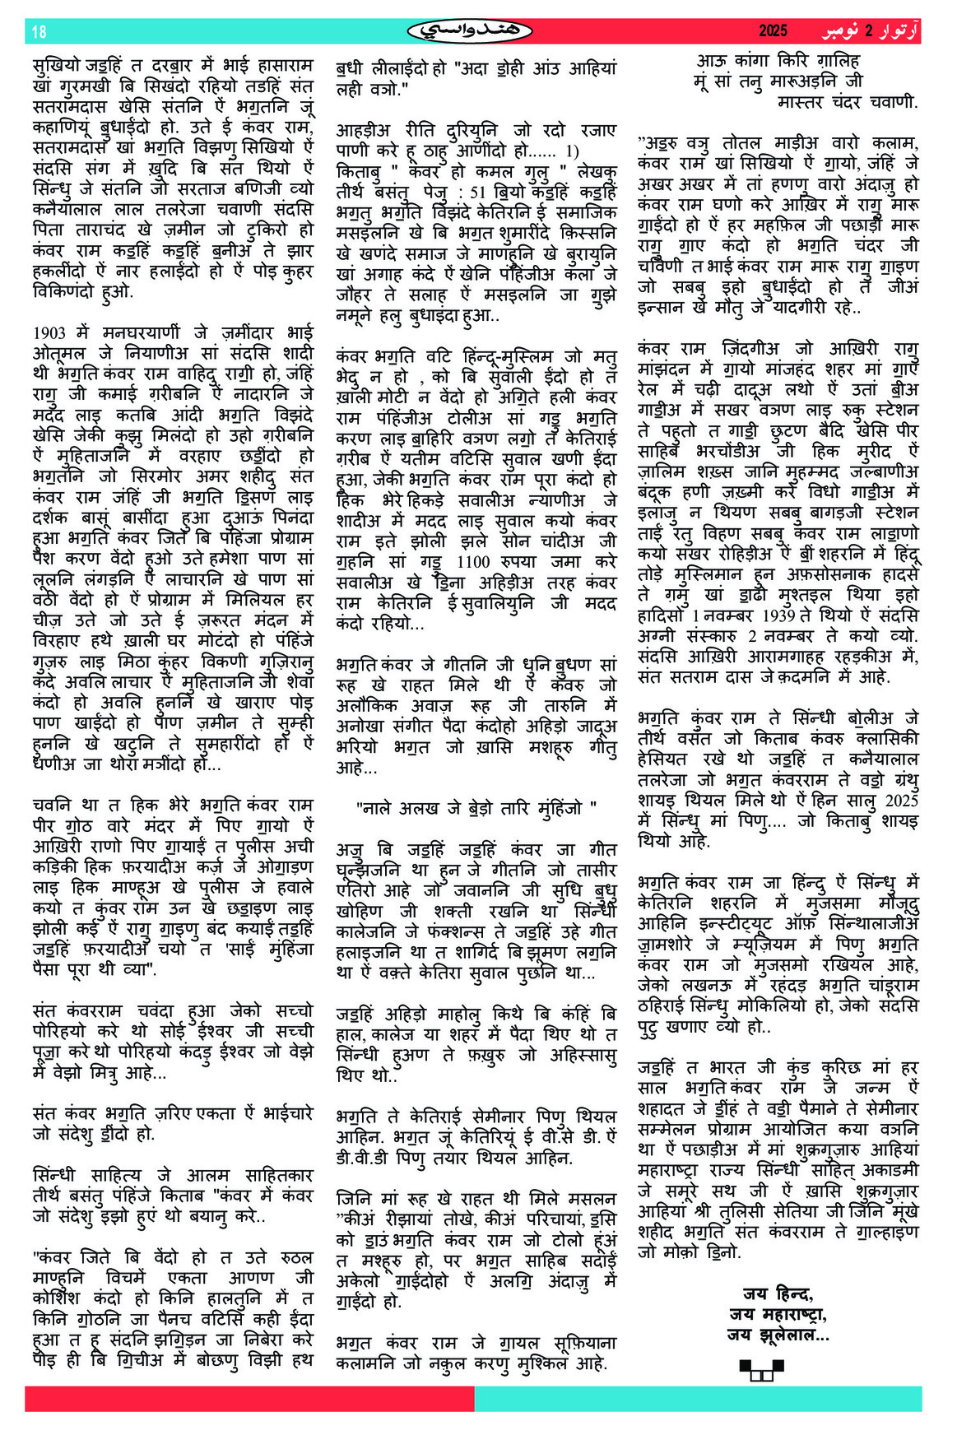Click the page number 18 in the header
39,31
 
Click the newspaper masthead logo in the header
470,31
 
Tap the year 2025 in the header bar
773,31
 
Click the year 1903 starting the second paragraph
49,333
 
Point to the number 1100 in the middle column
473,562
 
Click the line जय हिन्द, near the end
777,1294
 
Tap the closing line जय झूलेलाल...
777,1335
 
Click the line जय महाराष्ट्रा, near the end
777,1314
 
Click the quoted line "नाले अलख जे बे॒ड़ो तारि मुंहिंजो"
476,808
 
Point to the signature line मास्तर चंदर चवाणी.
847,102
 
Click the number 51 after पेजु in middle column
476,193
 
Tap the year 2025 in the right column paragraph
901,801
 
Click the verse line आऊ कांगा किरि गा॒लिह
778,61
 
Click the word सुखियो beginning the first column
56,66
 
